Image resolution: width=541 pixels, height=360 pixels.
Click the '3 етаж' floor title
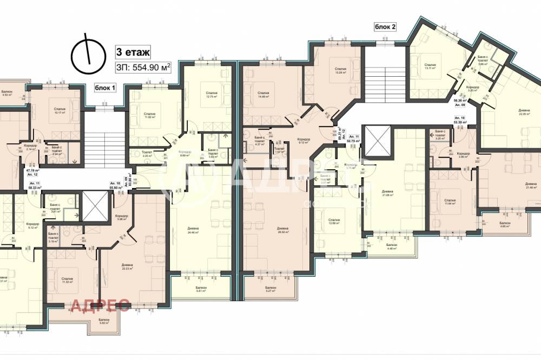133,52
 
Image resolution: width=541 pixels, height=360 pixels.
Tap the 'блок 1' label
105,87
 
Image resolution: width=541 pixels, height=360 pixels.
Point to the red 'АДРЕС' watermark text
100,306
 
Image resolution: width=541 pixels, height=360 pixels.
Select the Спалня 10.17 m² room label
60,111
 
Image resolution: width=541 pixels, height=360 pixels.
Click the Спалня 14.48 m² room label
263,94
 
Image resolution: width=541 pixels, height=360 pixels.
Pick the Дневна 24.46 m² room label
194,231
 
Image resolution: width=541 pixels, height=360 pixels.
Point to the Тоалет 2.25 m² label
146,155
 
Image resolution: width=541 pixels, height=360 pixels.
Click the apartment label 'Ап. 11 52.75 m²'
354,139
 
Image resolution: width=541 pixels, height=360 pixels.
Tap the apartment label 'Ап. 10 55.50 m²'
114,185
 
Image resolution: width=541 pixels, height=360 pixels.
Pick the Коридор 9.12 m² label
304,142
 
